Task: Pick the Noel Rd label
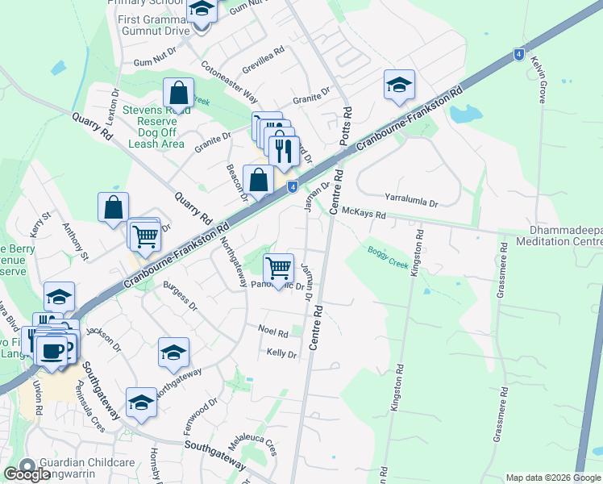272,332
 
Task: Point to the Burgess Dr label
180,296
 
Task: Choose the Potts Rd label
347,123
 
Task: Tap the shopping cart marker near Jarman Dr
278,265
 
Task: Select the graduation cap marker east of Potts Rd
398,84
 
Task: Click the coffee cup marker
53,350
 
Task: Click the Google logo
27,474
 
